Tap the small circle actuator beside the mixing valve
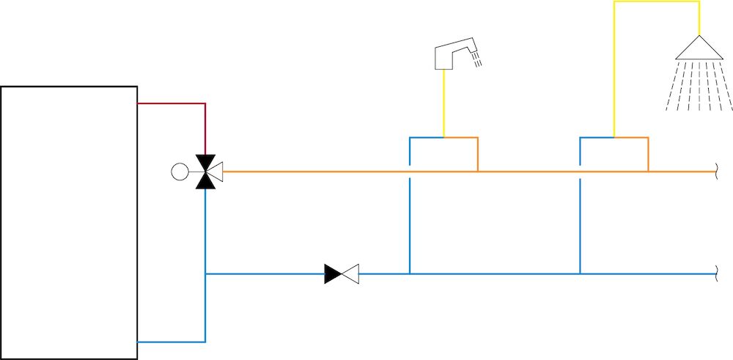(x=179, y=172)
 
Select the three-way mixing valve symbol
(x=205, y=172)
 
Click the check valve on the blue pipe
(x=342, y=274)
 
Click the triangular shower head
(x=699, y=48)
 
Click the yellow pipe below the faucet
(x=443, y=103)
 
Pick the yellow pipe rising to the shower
(x=614, y=66)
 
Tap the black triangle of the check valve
(x=333, y=274)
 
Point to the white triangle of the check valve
(x=350, y=274)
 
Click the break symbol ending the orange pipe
(x=716, y=172)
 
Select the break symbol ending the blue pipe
(x=716, y=274)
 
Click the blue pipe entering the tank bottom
(x=172, y=342)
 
